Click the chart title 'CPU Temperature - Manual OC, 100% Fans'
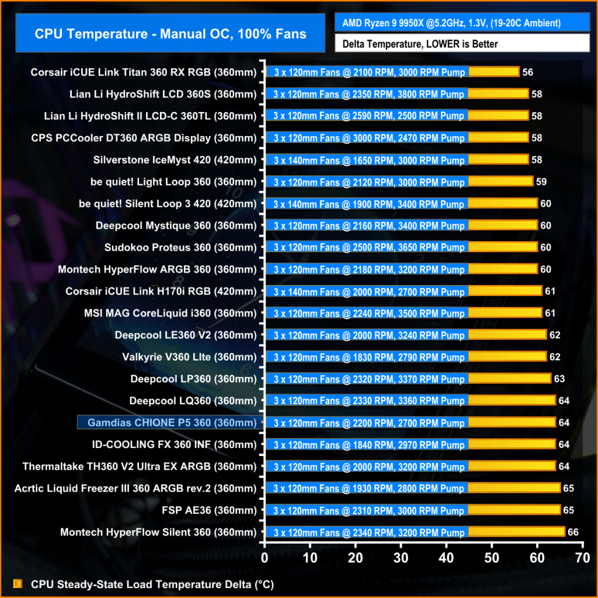170,33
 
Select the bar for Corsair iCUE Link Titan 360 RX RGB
392,72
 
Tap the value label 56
528,72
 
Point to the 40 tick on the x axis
447,558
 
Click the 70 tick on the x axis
582,558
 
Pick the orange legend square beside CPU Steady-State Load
18,584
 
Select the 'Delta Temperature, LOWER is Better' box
462,44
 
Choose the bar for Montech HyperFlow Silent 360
415,532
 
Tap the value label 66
573,532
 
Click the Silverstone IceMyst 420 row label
175,160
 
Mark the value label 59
541,182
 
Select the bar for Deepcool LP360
408,378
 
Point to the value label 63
559,379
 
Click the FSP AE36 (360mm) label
209,510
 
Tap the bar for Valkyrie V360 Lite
406,357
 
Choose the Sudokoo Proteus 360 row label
180,248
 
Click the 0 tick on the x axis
265,558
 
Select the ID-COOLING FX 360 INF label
175,444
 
